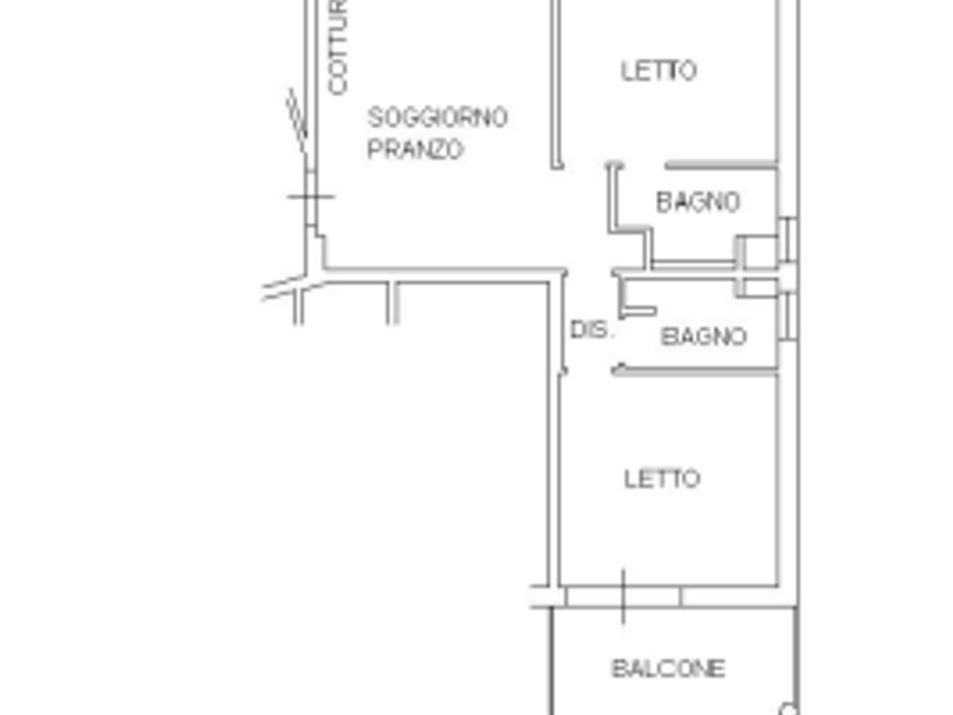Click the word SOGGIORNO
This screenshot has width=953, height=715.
pos(438,117)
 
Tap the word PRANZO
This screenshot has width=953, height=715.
pos(416,149)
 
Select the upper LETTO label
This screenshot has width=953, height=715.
pos(659,71)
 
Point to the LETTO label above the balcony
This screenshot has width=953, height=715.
pos(662,479)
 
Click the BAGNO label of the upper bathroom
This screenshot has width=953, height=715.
pos(698,202)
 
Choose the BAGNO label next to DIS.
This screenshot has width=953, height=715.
pos(704,337)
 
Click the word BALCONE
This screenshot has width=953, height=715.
pos(668,668)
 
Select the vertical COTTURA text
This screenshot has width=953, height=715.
pos(338,48)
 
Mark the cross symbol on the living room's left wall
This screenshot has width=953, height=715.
pos(311,197)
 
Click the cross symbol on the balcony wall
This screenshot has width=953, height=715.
pos(623,597)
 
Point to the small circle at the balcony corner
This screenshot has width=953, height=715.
pos(788,709)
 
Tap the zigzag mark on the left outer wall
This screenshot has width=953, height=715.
pos(297,120)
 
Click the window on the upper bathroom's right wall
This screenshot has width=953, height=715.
pos(787,239)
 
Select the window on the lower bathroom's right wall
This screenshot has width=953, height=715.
pos(787,316)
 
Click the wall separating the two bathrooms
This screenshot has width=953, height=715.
pos(695,272)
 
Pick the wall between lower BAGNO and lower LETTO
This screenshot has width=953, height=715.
pos(695,369)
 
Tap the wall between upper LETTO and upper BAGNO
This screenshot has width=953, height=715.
pos(722,165)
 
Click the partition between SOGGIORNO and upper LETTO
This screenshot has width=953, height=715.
pos(556,83)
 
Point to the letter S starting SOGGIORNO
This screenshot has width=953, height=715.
pos(374,117)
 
